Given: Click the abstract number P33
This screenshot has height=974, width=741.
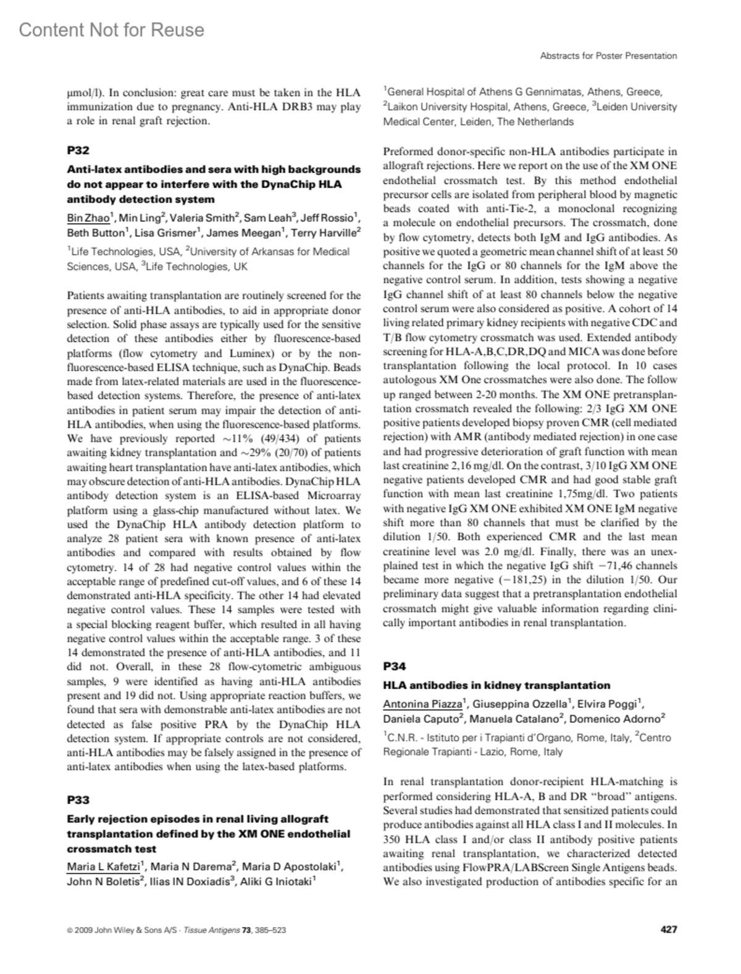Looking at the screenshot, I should [x=78, y=800].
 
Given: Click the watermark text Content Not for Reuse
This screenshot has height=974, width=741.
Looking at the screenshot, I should [x=112, y=30].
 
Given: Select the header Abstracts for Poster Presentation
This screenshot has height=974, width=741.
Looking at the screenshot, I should [x=608, y=56].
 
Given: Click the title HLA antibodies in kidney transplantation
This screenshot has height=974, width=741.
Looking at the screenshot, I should [x=496, y=685].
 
